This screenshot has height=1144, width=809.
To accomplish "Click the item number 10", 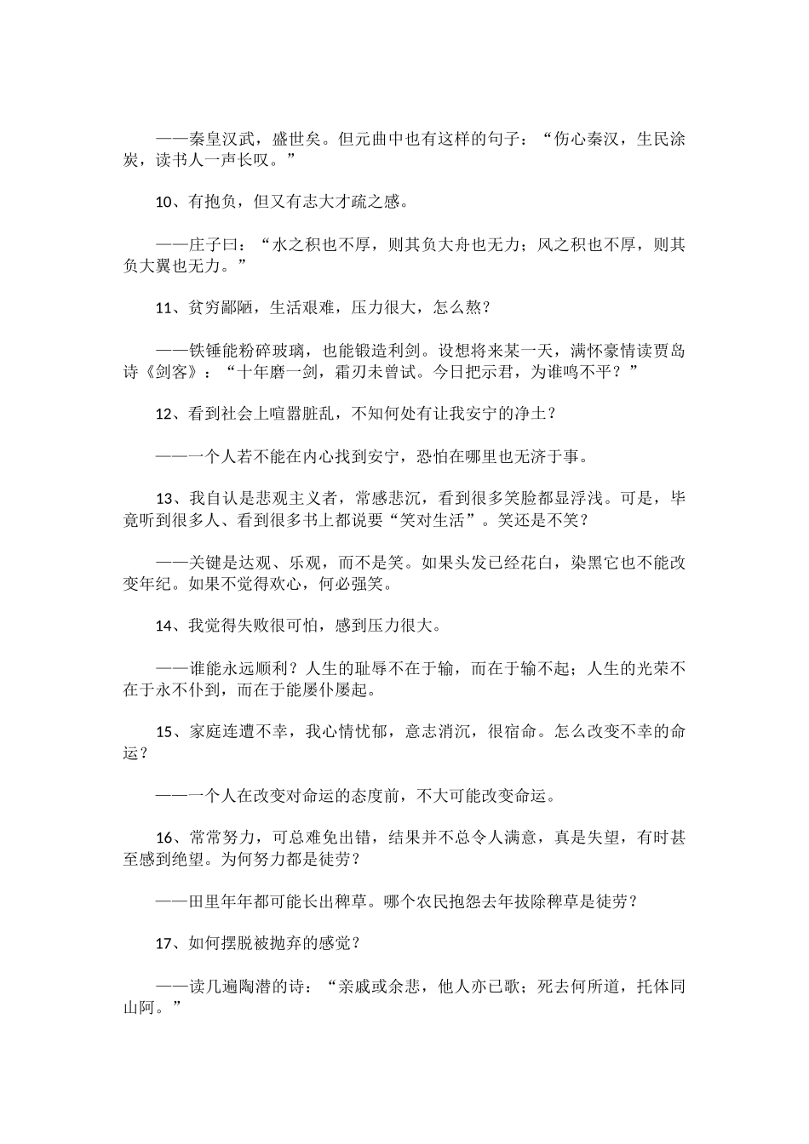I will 164,203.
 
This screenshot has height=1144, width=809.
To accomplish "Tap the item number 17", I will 164,944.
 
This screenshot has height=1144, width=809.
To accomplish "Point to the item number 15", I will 164,732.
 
